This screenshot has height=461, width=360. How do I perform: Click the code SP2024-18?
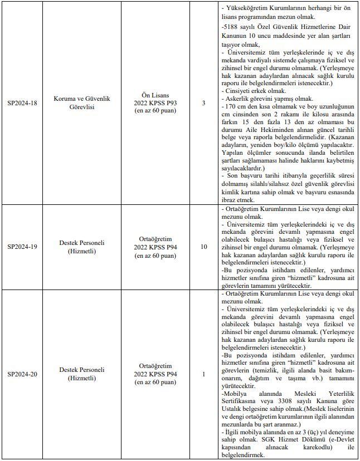pyautogui.click(x=23, y=103)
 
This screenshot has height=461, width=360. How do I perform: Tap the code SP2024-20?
pyautogui.click(x=23, y=374)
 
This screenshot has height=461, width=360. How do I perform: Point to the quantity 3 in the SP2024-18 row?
pyautogui.click(x=203, y=103)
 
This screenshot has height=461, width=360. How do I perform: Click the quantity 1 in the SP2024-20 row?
pyautogui.click(x=203, y=374)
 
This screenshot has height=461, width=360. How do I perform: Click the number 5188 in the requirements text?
pyautogui.click(x=231, y=27)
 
